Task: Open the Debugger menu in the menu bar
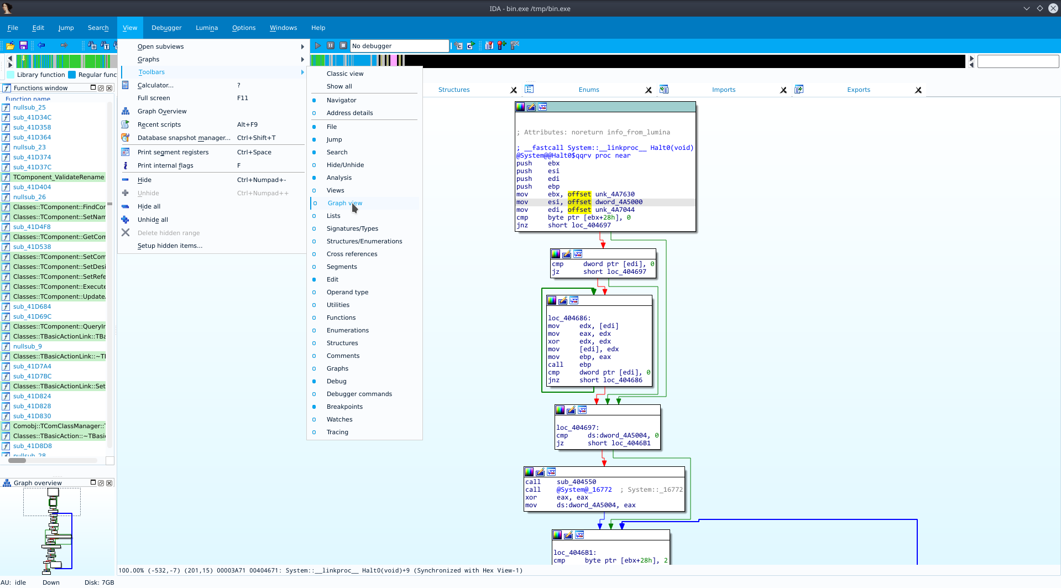point(166,28)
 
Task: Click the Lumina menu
point(207,28)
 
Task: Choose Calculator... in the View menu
point(155,85)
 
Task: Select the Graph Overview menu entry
point(162,111)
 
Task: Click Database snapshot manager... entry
point(184,138)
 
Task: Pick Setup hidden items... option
point(170,246)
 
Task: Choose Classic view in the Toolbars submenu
point(345,74)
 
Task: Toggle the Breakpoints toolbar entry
point(344,407)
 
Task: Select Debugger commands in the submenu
point(359,394)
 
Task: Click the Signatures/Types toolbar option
point(352,228)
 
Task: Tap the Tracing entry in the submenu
point(337,432)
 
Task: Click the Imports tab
point(724,90)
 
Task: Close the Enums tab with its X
point(649,90)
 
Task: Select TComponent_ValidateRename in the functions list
point(59,177)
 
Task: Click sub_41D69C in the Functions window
point(32,316)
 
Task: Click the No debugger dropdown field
point(400,46)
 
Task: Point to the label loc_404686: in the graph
point(569,318)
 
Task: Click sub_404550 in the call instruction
point(576,482)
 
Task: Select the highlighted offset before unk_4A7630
point(579,194)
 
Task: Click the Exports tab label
point(859,90)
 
